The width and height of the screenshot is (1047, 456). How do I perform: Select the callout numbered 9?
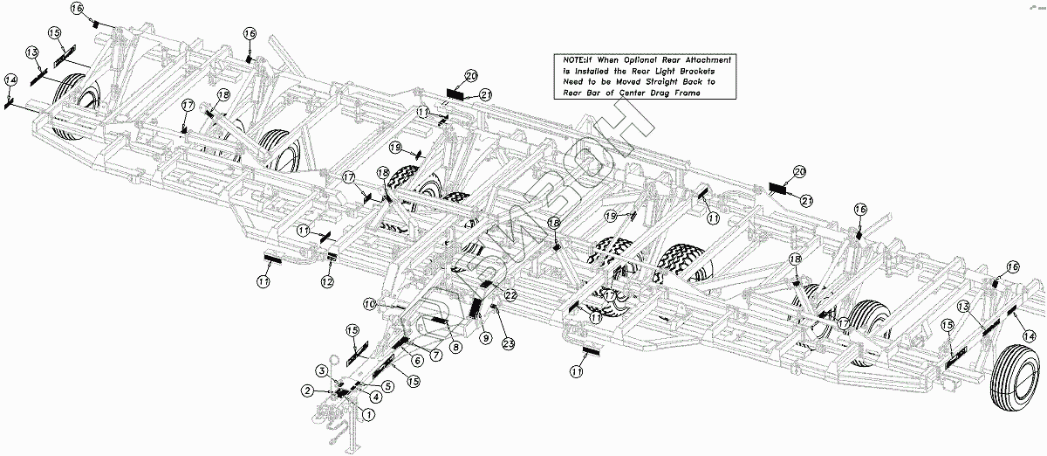click(x=484, y=335)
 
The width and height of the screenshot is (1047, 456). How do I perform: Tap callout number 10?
click(x=370, y=303)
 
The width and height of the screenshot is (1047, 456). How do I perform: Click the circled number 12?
click(x=326, y=281)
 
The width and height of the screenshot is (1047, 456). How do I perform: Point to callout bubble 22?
click(x=510, y=295)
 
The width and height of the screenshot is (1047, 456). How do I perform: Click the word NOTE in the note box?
click(x=569, y=59)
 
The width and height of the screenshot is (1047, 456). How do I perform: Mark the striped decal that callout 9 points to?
click(x=476, y=310)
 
